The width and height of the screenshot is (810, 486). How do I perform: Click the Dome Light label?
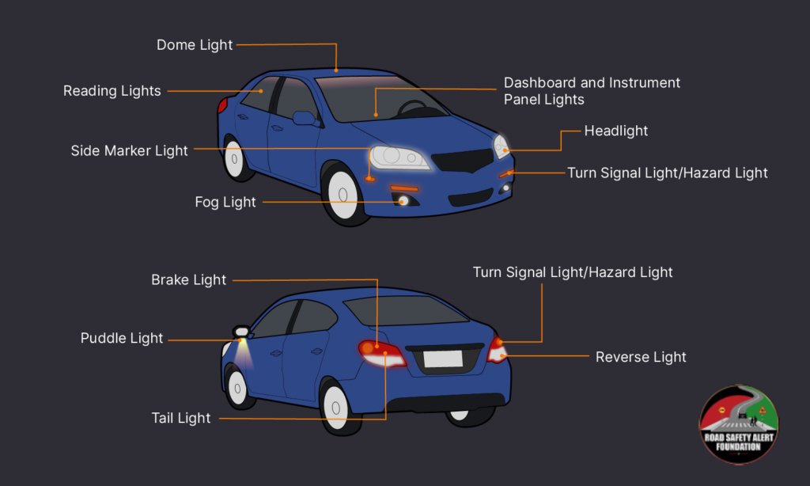[x=195, y=45]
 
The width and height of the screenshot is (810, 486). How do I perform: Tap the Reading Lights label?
[x=112, y=91]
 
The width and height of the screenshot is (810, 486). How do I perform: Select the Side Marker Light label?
[x=130, y=150]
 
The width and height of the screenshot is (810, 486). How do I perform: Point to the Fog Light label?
[x=225, y=202]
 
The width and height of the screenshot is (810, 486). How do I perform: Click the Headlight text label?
[x=616, y=131]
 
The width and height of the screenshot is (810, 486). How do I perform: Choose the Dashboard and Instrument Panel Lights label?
[x=592, y=91]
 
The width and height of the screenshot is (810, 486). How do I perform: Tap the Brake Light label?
[x=189, y=279]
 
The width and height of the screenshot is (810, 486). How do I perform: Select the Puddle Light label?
[x=122, y=338]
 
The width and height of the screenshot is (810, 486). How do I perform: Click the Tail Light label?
[x=181, y=417]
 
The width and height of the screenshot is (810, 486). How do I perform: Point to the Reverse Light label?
[x=641, y=357]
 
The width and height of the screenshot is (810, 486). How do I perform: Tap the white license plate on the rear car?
[x=442, y=359]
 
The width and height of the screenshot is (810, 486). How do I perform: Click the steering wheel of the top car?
[x=412, y=108]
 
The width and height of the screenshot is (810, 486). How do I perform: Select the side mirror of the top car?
[x=305, y=119]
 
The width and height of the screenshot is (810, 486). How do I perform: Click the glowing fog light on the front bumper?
[x=403, y=201]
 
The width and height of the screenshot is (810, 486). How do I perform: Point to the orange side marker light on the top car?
[x=370, y=178]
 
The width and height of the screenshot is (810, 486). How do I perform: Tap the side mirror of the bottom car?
[x=240, y=331]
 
